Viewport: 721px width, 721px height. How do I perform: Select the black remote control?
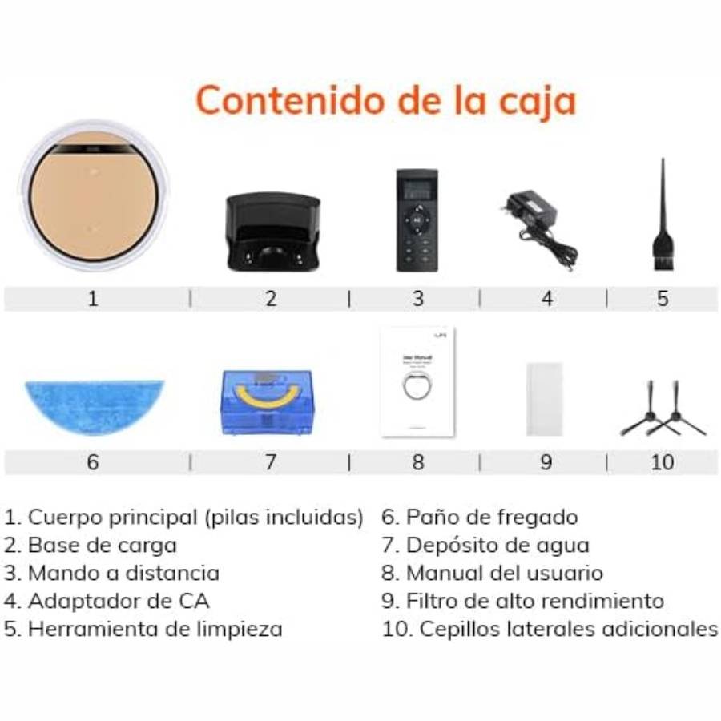pos(417,220)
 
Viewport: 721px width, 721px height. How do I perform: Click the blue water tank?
pos(267,402)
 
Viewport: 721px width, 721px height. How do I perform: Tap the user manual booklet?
pos(417,381)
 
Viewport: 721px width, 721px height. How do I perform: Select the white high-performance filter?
pos(545,398)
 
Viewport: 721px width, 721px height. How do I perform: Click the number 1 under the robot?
pos(93,299)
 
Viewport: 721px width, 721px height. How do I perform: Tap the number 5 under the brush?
pos(663,299)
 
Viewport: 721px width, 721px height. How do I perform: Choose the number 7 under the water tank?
pos(271,462)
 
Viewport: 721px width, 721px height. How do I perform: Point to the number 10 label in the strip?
pos(663,462)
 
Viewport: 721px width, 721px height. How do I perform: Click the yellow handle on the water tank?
pos(267,393)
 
